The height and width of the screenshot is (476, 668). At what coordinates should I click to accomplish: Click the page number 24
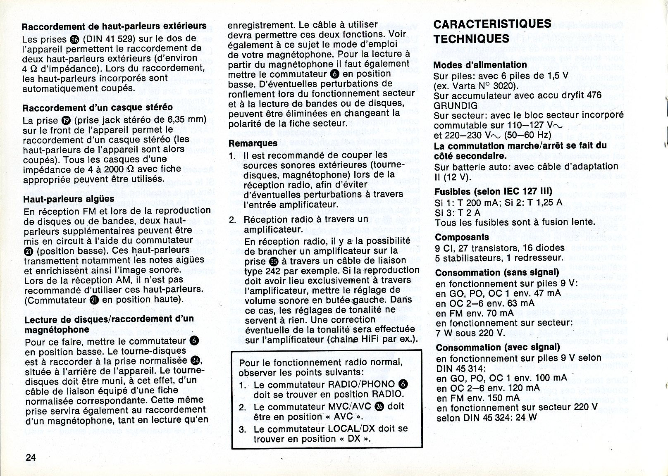click(31, 457)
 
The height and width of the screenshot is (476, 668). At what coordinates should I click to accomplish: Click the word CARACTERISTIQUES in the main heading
click(492, 24)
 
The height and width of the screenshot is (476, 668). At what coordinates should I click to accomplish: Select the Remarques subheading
click(253, 143)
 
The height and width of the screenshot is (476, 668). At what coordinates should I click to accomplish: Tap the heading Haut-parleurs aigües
click(69, 199)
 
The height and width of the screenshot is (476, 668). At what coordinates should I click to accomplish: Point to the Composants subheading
click(462, 237)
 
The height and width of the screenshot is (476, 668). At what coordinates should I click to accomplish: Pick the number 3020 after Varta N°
click(506, 86)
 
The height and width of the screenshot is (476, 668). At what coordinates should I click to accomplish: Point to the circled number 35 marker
click(274, 261)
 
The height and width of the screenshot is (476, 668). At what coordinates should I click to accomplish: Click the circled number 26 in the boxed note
click(379, 406)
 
